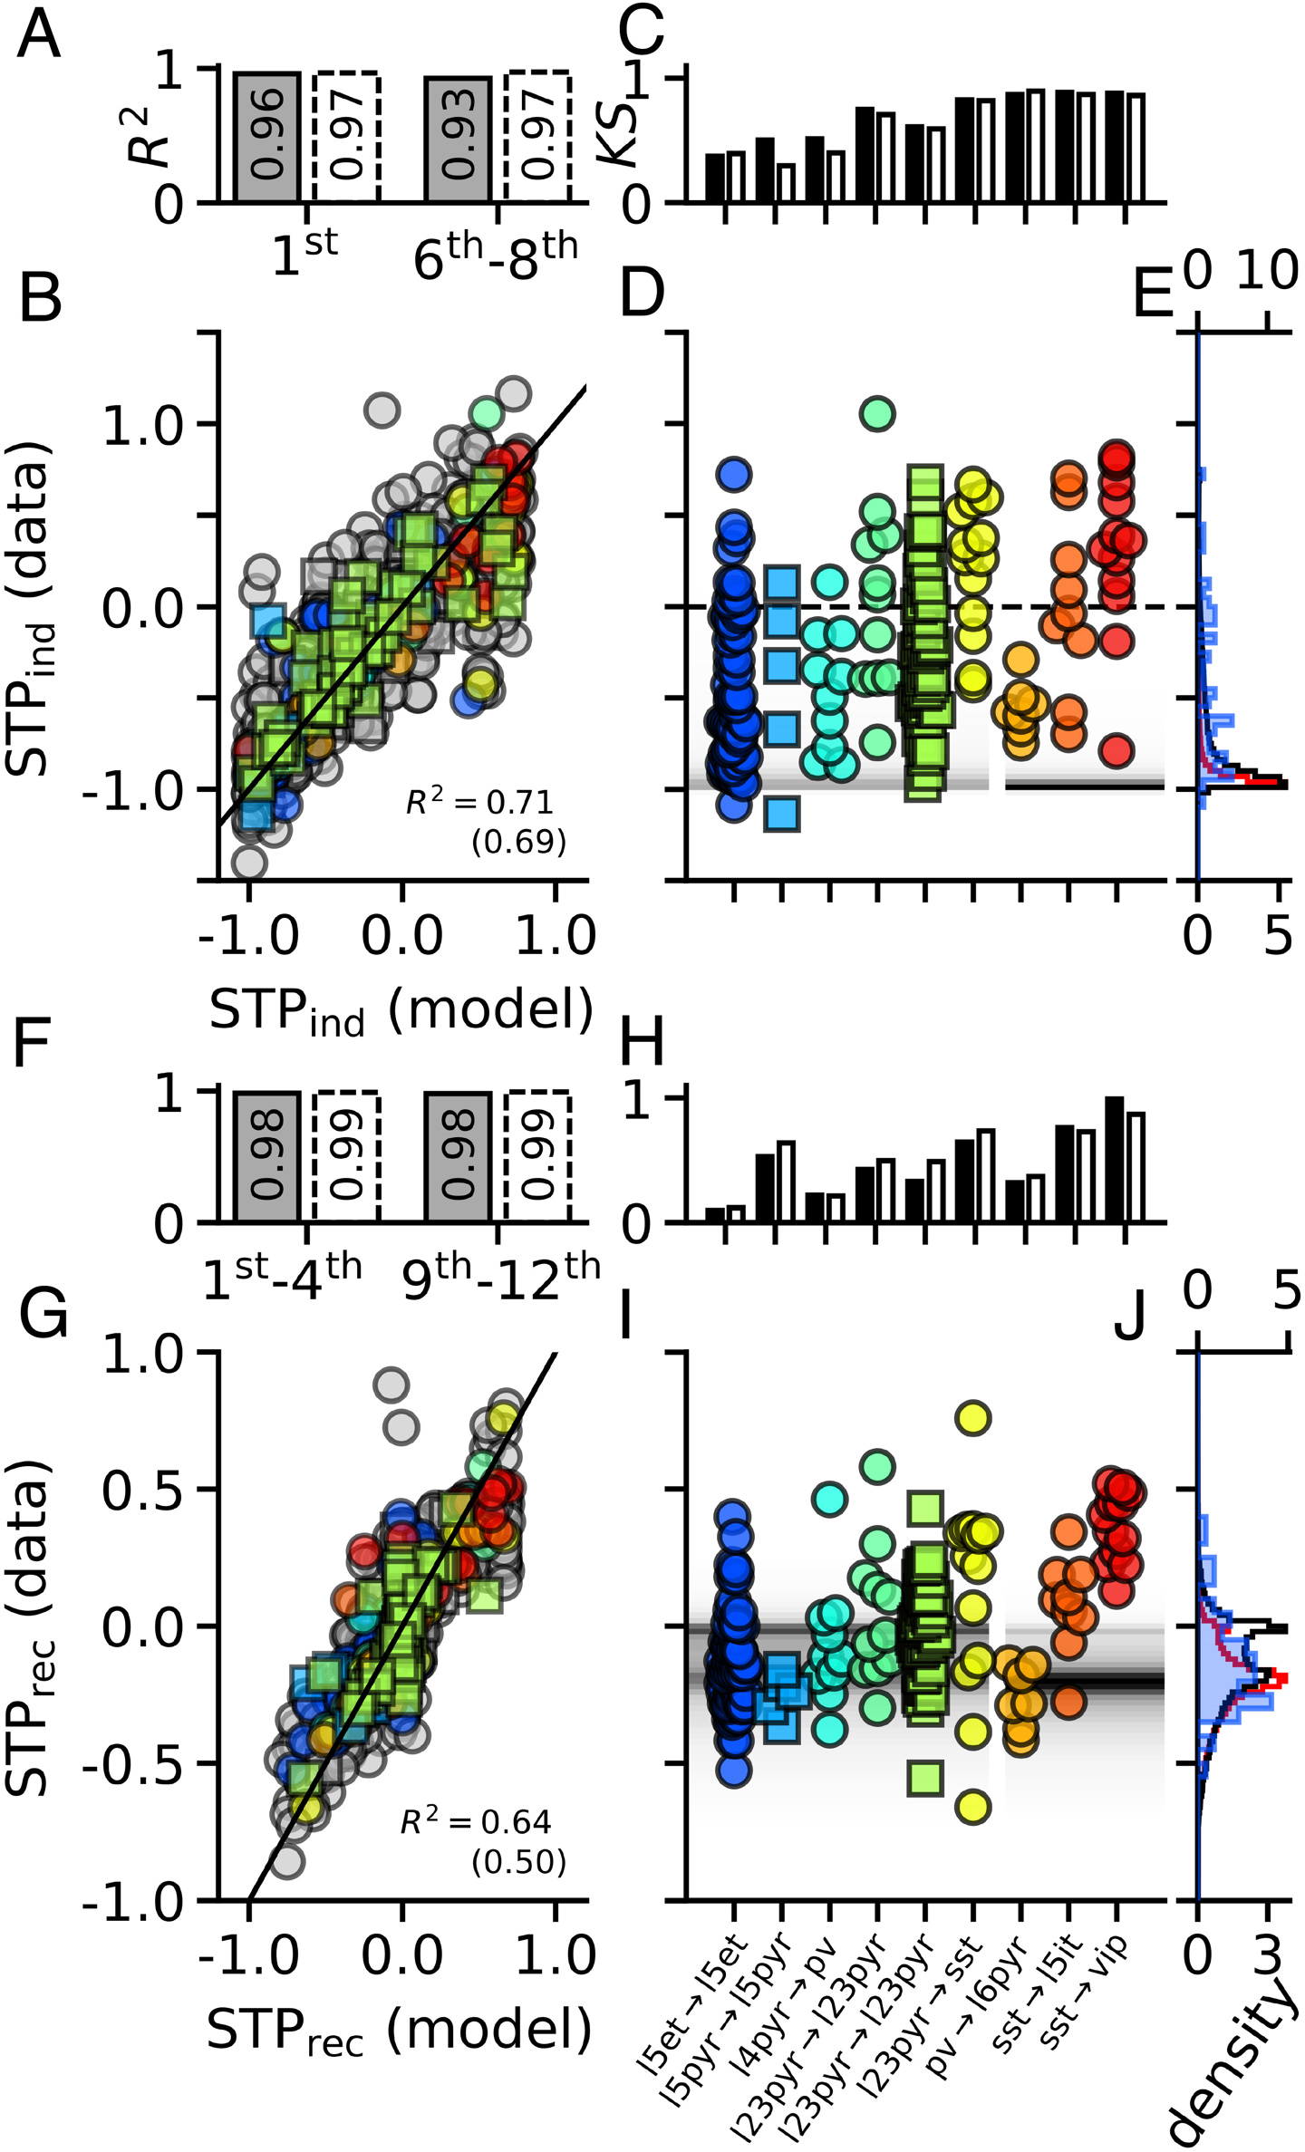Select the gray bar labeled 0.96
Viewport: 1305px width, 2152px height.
pos(266,136)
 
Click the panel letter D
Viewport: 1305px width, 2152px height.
pos(643,294)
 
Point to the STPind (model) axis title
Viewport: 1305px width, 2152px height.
pos(401,1010)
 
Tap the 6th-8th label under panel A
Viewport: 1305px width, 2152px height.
pos(495,257)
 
